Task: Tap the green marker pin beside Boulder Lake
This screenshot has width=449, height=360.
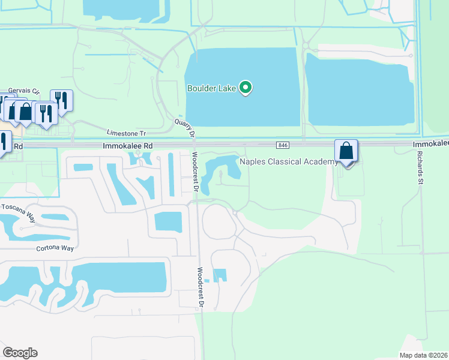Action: point(246,88)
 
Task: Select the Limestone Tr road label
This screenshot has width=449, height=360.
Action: point(126,133)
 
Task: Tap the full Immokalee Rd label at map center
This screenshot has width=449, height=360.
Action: point(128,145)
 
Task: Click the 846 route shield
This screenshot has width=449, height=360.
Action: point(283,145)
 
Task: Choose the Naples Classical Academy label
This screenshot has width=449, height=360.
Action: point(288,161)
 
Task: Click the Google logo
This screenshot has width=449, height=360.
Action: point(20,353)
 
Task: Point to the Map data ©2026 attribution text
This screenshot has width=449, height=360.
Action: point(424,355)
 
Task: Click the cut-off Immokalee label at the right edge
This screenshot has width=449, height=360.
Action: point(430,145)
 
